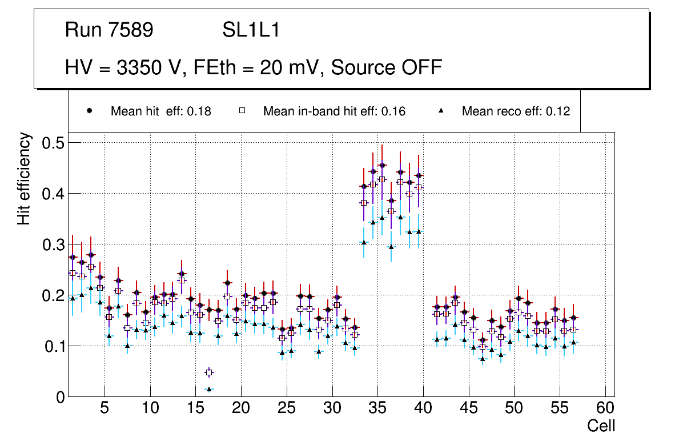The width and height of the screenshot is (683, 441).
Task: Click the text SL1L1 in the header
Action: click(251, 30)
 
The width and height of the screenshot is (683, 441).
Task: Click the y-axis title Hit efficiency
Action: click(24, 178)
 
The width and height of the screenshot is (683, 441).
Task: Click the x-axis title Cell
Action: click(601, 426)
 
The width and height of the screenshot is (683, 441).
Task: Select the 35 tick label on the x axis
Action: click(377, 409)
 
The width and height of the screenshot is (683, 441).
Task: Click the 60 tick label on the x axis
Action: click(605, 409)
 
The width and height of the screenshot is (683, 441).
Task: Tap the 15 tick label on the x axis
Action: click(195, 409)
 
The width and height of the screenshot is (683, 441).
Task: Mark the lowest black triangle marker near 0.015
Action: click(209, 389)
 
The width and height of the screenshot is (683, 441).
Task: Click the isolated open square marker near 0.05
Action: click(209, 372)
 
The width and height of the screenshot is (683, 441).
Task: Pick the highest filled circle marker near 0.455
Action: click(382, 166)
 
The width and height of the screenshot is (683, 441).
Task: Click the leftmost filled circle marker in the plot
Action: click(73, 257)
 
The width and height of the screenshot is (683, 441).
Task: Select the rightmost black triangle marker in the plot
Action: click(573, 343)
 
